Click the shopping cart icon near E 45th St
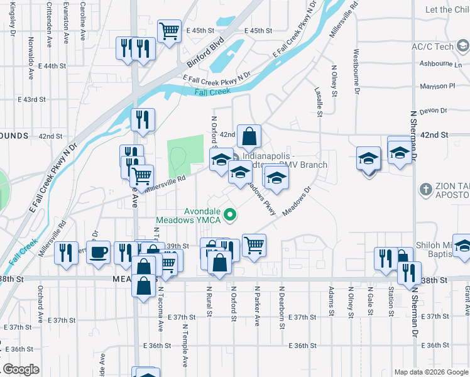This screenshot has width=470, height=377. tap(169, 30)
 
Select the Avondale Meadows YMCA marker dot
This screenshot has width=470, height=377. tap(230, 215)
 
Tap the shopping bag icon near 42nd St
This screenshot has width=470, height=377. tap(249, 136)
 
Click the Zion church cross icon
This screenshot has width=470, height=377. tap(425, 188)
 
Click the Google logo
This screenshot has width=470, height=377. tap(21, 369)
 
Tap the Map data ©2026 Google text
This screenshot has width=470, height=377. tap(431, 372)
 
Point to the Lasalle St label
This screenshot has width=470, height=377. tap(319, 101)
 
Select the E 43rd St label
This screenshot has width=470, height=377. tap(32, 99)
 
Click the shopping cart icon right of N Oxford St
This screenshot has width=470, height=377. tap(254, 244)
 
